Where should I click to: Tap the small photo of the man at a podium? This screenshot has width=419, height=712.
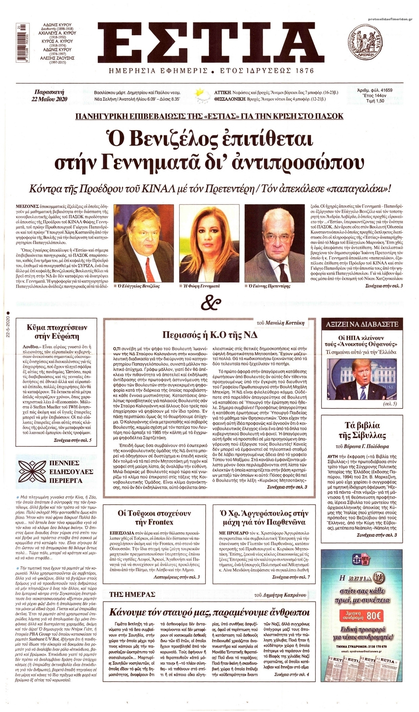pyautogui.click(x=362, y=379)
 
